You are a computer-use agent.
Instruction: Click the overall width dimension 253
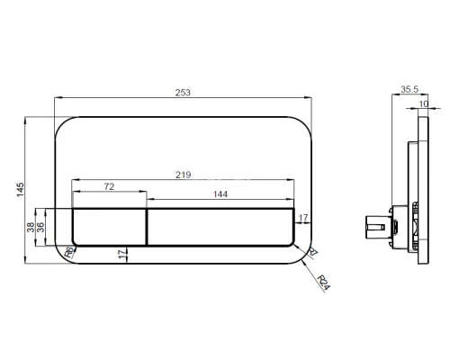184,92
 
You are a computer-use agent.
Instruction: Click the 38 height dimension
31,227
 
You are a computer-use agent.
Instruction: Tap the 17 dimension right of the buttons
302,219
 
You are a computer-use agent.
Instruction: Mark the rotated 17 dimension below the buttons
121,256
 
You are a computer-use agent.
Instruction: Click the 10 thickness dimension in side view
424,103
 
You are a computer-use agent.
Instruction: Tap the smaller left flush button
109,226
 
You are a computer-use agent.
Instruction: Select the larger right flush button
220,226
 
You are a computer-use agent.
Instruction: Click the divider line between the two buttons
147,226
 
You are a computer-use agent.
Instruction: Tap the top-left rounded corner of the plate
65,124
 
